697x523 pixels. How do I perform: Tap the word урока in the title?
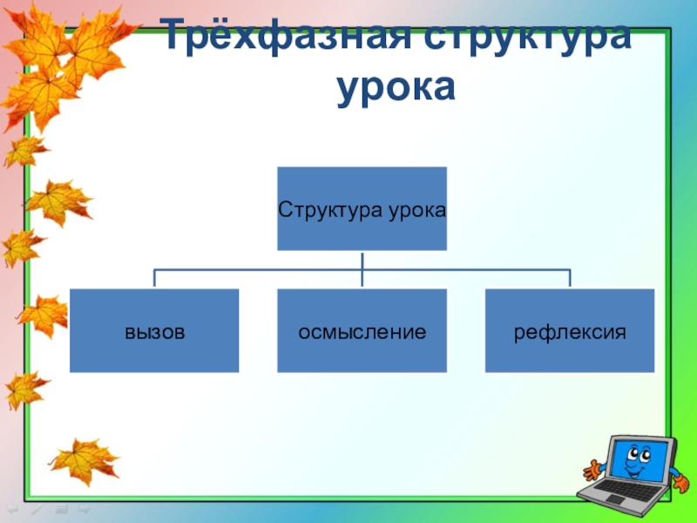pos(396,87)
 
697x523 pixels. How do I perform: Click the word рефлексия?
pos(570,332)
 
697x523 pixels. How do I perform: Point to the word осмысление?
pos(362,332)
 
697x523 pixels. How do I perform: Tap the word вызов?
pos(154,332)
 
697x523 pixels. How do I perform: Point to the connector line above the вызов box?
pos(154,278)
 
